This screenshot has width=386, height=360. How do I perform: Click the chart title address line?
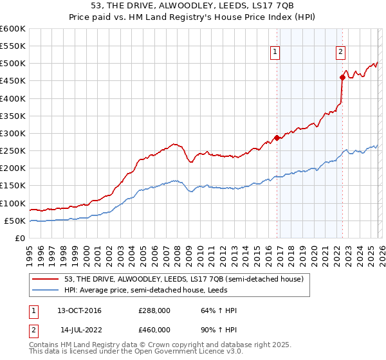[x=192, y=6]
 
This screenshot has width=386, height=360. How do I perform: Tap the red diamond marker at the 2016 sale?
[x=277, y=138]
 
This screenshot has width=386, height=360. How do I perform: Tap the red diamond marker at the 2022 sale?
[x=342, y=77]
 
